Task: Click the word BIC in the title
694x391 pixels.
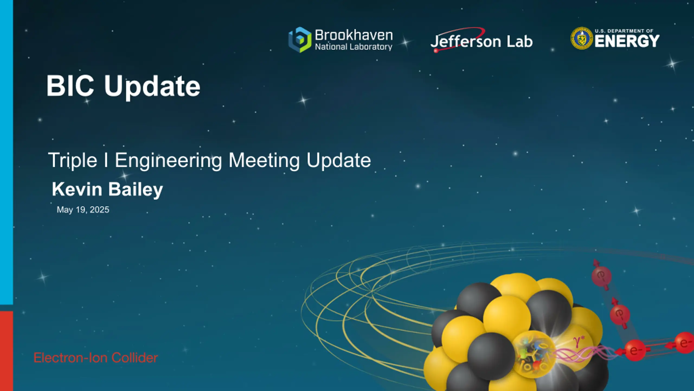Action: pos(70,86)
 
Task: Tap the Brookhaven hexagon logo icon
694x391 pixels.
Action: pos(300,40)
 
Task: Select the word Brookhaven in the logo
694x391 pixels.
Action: pos(354,35)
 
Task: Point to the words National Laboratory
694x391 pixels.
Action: pos(354,47)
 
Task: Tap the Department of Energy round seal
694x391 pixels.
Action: pos(581,38)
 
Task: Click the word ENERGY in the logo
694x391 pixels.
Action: pos(627,41)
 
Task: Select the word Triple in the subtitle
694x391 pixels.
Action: pos(73,160)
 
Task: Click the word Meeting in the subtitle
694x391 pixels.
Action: pos(264,160)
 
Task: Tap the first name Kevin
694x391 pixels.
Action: pos(77,189)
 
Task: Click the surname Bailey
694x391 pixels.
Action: pos(136,190)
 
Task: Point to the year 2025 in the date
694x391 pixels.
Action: pos(99,210)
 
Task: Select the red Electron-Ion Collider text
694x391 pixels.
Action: pos(95,358)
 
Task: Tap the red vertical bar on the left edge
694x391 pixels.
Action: pos(7,351)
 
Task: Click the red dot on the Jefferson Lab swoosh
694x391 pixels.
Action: pos(436,51)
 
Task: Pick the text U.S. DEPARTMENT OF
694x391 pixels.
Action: pos(624,31)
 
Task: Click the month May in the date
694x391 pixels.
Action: pos(65,210)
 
